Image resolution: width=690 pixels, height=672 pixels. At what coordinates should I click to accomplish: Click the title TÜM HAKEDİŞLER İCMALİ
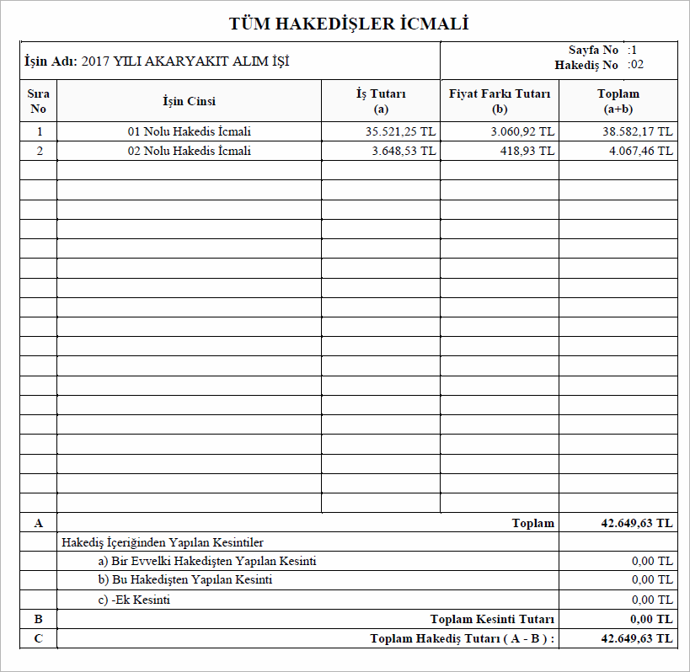click(348, 24)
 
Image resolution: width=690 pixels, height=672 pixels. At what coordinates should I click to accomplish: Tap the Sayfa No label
click(593, 51)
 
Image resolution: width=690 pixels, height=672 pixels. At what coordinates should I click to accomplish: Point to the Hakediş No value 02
click(637, 65)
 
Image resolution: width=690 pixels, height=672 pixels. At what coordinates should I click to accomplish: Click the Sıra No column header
click(38, 101)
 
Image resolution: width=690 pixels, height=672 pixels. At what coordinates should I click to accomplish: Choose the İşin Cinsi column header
click(189, 101)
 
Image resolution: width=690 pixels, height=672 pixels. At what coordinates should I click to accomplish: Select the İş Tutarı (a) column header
click(381, 101)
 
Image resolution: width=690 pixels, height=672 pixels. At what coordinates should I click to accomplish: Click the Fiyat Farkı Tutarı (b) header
click(500, 101)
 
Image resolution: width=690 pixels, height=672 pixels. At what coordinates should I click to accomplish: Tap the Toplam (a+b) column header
click(618, 101)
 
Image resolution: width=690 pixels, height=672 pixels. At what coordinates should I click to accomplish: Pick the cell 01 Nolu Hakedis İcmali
click(189, 131)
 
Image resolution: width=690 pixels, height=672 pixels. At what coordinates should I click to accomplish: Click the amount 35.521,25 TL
click(400, 131)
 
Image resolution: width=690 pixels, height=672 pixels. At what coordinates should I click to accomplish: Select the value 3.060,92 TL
click(522, 131)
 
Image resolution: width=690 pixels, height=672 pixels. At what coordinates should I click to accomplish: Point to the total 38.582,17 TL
click(637, 131)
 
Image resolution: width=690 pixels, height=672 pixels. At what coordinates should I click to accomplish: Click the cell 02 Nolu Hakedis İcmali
click(189, 151)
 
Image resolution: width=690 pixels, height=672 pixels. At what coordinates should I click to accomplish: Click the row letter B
click(38, 619)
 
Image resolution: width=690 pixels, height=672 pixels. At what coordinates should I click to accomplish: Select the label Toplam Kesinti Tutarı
click(492, 619)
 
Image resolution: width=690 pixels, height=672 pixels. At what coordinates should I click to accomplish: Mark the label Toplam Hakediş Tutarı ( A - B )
click(463, 638)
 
